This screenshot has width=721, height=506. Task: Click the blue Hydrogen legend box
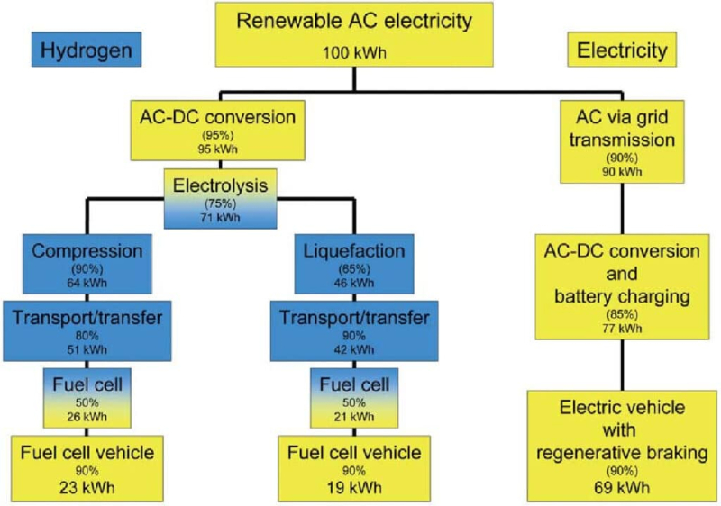pos(87,50)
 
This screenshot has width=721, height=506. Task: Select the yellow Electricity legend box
pos(622,50)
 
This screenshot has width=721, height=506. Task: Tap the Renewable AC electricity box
pos(354,34)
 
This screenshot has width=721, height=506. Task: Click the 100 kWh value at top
pos(354,53)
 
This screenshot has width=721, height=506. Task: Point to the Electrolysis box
pos(220,198)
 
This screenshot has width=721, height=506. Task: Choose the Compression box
pos(87,264)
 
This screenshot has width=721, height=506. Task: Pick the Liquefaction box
pos(354,264)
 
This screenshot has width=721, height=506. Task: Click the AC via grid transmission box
pos(622,141)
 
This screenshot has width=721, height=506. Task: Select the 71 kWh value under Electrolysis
pos(220,217)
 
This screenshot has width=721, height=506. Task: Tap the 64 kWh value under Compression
pos(87,283)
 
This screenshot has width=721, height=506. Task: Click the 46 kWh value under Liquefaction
pos(354,283)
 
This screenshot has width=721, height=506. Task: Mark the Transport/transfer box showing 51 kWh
pos(87,330)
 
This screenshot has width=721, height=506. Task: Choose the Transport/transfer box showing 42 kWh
pos(354,330)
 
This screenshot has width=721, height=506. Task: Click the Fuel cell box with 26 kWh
pos(87,398)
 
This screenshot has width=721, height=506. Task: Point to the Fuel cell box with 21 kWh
pos(354,398)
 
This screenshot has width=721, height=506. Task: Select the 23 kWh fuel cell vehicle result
pos(87,488)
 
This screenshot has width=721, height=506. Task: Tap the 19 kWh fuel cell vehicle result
pos(354,488)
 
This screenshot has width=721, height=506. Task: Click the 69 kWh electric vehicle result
pos(622,488)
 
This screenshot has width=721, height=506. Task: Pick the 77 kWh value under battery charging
pos(622,329)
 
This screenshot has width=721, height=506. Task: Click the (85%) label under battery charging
pos(622,314)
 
